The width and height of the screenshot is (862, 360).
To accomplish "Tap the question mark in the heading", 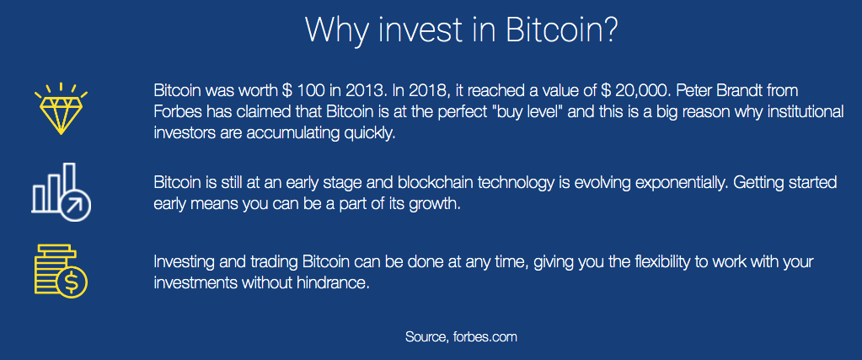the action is [610, 30].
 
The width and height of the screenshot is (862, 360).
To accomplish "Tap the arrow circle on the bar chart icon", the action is [75, 206].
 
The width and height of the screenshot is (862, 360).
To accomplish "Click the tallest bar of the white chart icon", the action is [69, 180].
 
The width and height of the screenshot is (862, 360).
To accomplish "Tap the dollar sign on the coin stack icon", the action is [72, 283].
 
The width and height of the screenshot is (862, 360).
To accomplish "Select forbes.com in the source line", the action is [485, 336].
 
